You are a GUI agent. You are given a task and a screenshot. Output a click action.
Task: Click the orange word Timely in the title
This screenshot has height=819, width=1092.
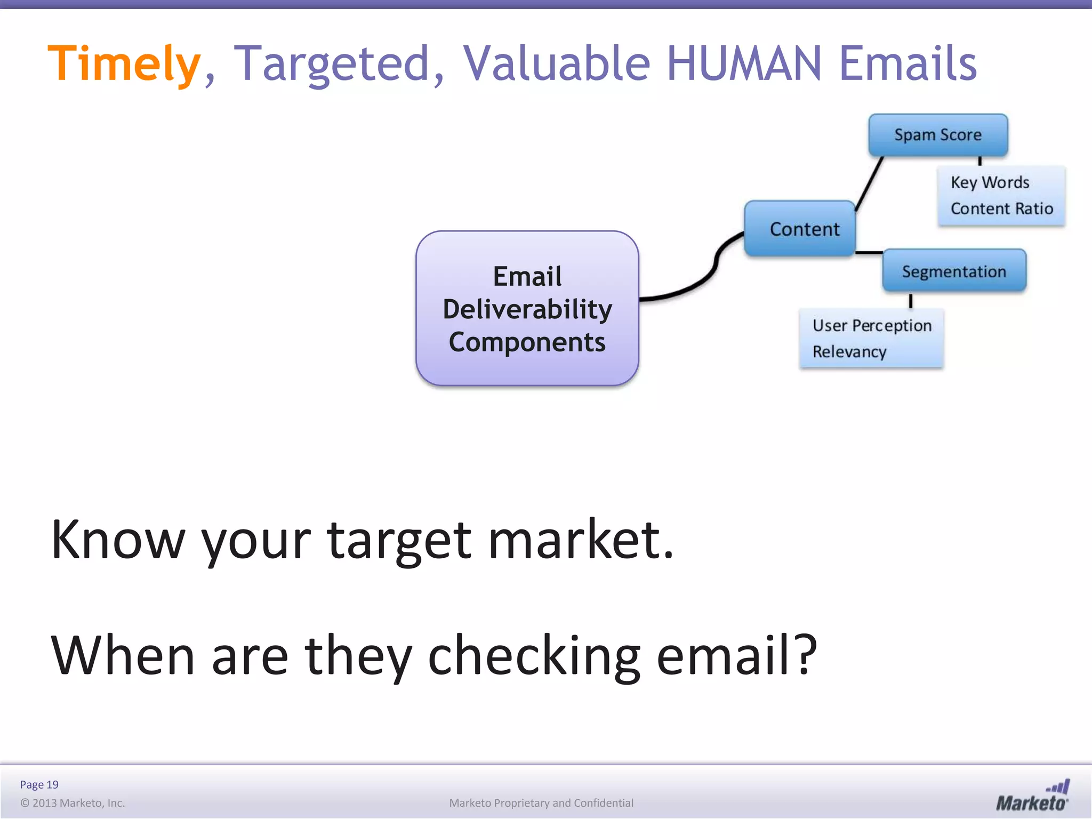(x=124, y=64)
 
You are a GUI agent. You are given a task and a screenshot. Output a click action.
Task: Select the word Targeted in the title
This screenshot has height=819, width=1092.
(x=332, y=64)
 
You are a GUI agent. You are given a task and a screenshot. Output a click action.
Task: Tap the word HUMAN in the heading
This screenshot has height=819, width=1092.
(x=743, y=64)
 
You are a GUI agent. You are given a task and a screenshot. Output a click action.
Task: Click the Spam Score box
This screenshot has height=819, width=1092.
(x=938, y=135)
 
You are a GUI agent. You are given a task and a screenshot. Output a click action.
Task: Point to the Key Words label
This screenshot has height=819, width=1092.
(x=990, y=182)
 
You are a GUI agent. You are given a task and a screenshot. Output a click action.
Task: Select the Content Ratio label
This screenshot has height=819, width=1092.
(x=1001, y=208)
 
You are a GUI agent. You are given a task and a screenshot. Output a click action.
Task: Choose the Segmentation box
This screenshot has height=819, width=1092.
(x=954, y=271)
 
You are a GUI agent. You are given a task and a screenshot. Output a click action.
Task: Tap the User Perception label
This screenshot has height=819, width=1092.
(x=872, y=325)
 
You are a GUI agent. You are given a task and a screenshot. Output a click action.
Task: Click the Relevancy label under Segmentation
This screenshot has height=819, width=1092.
(x=849, y=352)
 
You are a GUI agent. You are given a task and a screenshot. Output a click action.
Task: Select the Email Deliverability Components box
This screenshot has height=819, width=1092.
(x=527, y=309)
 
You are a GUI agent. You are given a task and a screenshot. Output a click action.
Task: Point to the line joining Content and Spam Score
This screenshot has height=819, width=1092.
(x=869, y=183)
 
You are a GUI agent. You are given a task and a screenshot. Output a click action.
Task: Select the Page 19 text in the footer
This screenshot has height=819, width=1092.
(x=39, y=784)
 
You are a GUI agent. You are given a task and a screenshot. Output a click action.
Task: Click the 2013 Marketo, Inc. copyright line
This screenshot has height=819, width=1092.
(x=73, y=803)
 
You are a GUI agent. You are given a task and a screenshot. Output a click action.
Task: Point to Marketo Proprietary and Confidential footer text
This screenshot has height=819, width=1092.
(x=541, y=803)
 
